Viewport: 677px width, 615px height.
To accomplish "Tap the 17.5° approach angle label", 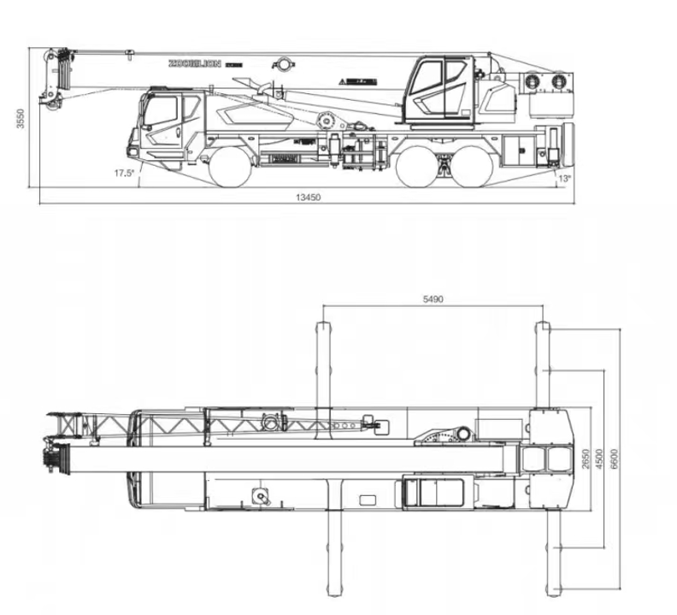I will (x=125, y=173).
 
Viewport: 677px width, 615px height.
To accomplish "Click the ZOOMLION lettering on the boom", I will (x=194, y=62).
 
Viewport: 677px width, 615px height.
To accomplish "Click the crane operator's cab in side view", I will (x=439, y=90).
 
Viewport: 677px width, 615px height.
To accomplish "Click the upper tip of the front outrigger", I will (x=324, y=325).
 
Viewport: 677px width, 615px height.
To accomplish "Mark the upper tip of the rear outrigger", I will (x=542, y=325).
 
